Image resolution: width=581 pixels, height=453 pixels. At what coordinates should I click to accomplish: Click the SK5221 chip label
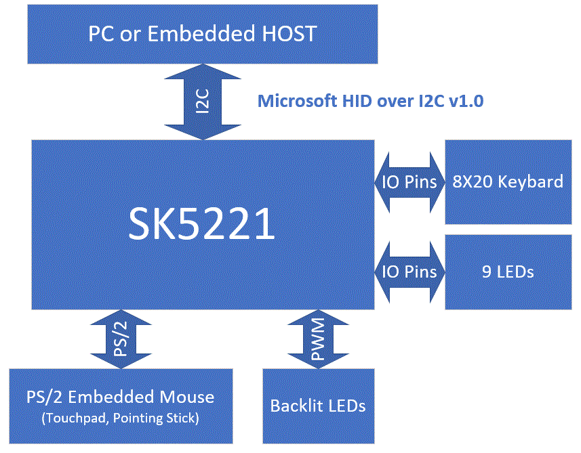202,225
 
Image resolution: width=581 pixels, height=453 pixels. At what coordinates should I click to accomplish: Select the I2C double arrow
203,102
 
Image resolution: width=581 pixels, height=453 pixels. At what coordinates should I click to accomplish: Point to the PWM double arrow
318,339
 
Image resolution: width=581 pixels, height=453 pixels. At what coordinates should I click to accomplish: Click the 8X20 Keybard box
508,181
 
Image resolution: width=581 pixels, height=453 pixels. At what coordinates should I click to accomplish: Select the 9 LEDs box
508,272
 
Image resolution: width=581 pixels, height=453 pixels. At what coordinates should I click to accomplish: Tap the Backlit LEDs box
318,406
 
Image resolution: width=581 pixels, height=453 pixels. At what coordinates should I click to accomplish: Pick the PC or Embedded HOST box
202,34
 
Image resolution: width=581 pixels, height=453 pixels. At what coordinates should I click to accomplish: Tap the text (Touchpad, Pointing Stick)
120,418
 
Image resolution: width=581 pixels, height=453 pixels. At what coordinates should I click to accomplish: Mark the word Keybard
531,181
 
